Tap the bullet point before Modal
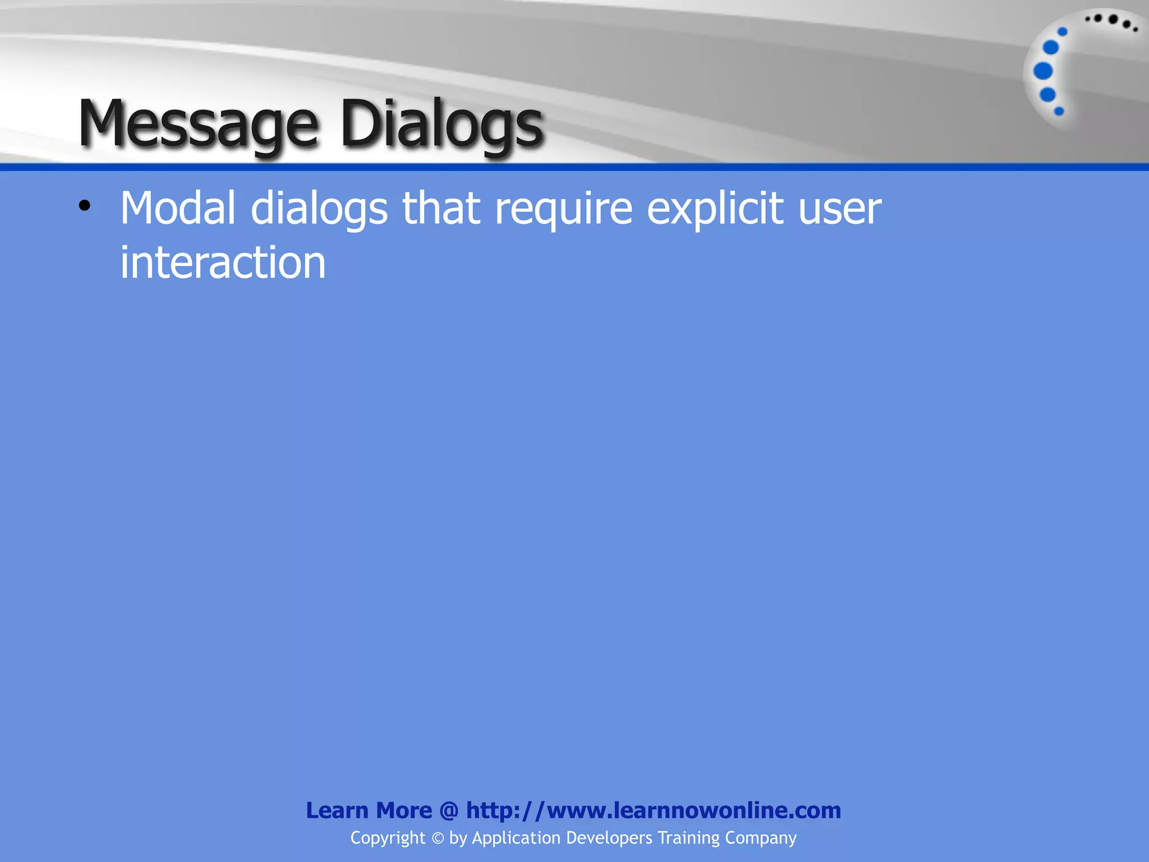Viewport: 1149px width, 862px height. (x=84, y=206)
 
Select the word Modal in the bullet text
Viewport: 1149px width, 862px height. (x=178, y=208)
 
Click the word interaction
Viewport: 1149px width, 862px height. (x=223, y=263)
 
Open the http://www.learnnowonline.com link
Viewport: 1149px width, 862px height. (x=654, y=810)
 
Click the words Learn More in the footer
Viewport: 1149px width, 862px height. (x=369, y=810)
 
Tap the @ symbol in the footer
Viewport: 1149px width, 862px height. (x=449, y=811)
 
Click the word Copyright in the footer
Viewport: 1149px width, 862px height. (x=388, y=838)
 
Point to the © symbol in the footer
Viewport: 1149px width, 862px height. (x=438, y=838)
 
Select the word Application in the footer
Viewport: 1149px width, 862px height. (x=516, y=838)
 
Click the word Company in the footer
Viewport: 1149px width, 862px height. (x=761, y=838)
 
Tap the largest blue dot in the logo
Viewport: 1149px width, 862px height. (x=1043, y=71)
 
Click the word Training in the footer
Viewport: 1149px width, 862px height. (x=688, y=838)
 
